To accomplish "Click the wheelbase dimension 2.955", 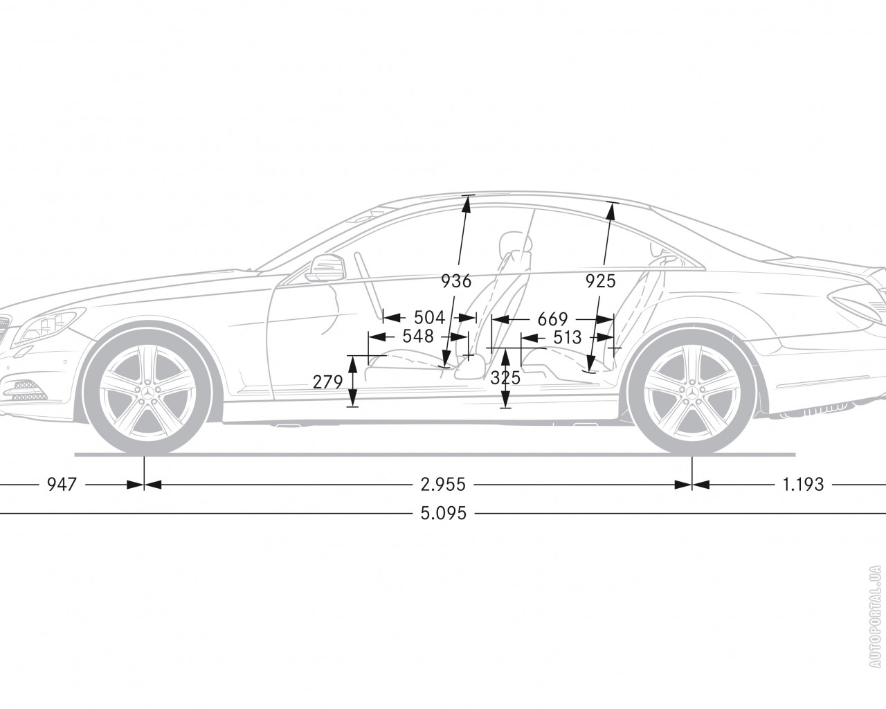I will tap(442, 484).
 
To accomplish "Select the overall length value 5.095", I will tap(443, 514).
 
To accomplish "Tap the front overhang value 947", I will tap(61, 484).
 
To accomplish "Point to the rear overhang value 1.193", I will tap(803, 484).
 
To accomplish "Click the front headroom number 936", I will tap(456, 281).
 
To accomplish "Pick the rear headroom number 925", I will tap(600, 281).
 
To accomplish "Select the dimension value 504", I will tap(429, 318).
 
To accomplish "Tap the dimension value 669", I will tap(552, 319).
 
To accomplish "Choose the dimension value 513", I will tap(567, 336).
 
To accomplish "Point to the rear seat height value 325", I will tap(505, 378).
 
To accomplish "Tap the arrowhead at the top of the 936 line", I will tap(467, 201).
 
